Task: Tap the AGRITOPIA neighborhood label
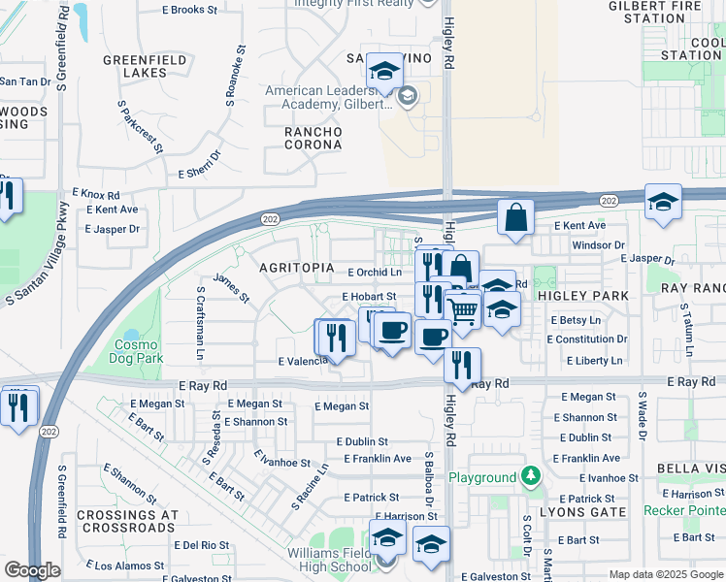tap(297, 267)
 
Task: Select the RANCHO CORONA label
tap(313, 138)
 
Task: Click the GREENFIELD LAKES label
tap(147, 66)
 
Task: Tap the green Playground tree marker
tap(530, 476)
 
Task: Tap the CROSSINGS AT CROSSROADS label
tap(129, 521)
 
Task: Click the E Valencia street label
tap(303, 361)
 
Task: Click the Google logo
tap(32, 570)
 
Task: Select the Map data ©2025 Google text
tap(666, 574)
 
